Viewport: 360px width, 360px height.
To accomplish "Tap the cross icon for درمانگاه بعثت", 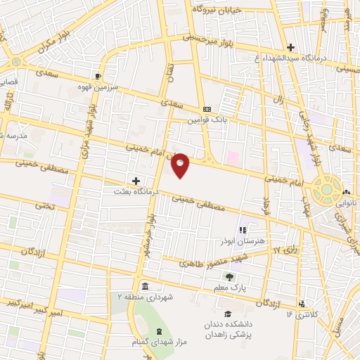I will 136,181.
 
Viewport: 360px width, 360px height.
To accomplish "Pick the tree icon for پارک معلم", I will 229,276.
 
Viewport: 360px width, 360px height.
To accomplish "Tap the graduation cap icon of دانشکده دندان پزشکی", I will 227,314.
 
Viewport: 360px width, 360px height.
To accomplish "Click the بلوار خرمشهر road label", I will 149,239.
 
